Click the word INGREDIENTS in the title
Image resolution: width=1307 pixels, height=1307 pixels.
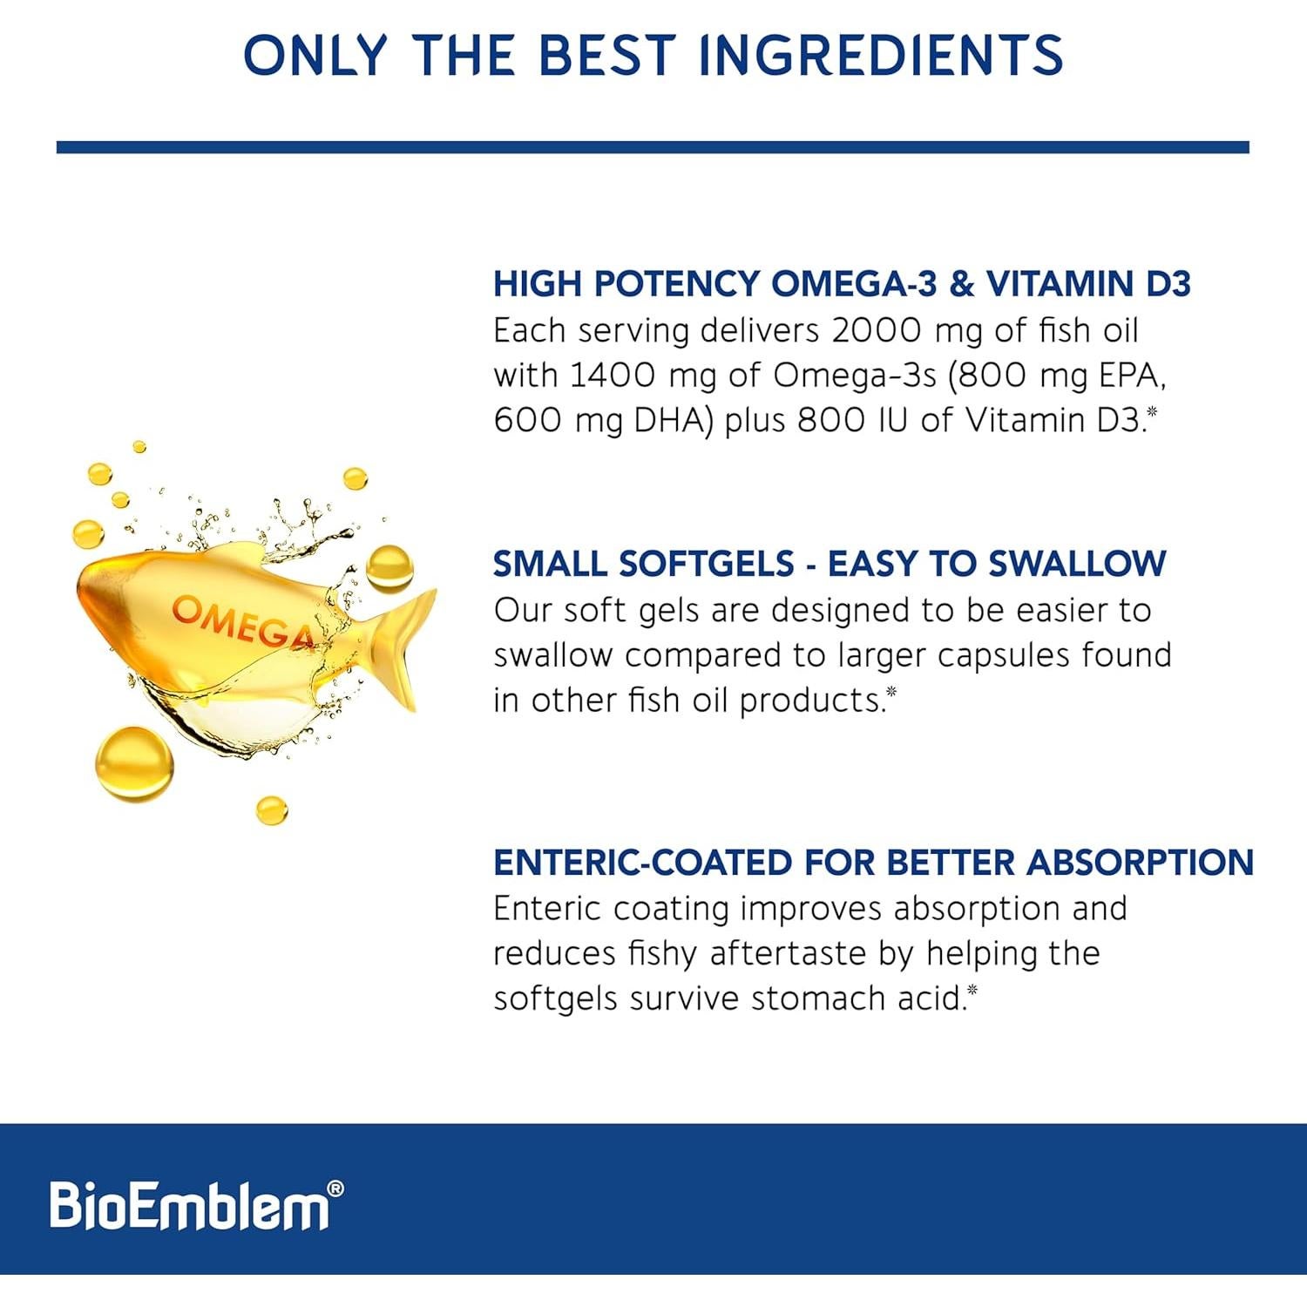click(x=881, y=55)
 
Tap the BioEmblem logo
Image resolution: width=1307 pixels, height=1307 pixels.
click(x=189, y=1206)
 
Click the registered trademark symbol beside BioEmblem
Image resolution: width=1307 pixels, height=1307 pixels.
click(x=335, y=1189)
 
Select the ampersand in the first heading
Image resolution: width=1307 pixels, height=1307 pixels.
click(x=961, y=284)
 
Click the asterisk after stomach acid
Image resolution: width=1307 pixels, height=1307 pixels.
click(x=972, y=990)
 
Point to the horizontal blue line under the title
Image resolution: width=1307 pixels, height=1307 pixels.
click(x=653, y=147)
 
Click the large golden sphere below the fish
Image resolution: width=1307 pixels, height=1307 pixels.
click(x=134, y=763)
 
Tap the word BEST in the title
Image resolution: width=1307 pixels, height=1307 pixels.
click(x=606, y=55)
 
